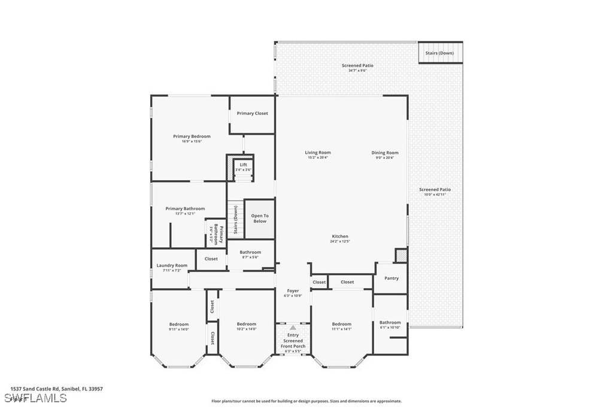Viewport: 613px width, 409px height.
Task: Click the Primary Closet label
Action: [x=252, y=113]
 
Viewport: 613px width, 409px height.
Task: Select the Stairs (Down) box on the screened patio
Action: [x=439, y=53]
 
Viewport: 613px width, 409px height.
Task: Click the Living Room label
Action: [x=318, y=153]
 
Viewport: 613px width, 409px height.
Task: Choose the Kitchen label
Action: [x=339, y=237]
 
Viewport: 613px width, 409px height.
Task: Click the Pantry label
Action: [x=391, y=278]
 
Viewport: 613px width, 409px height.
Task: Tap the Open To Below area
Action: [x=259, y=218]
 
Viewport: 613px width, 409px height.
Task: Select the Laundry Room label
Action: [x=172, y=265]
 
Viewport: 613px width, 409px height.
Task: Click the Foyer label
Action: [x=293, y=291]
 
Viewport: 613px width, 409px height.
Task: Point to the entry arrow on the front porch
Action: [x=293, y=328]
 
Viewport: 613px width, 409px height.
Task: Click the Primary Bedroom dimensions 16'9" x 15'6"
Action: [x=192, y=141]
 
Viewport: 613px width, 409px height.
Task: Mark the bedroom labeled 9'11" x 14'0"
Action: [x=178, y=326]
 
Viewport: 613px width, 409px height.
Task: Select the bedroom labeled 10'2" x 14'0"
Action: [x=246, y=326]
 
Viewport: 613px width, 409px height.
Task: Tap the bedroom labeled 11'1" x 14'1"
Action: [x=342, y=326]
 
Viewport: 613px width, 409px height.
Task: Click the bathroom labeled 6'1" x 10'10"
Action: [x=390, y=325]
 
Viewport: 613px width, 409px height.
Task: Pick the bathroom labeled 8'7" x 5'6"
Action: [x=250, y=255]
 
